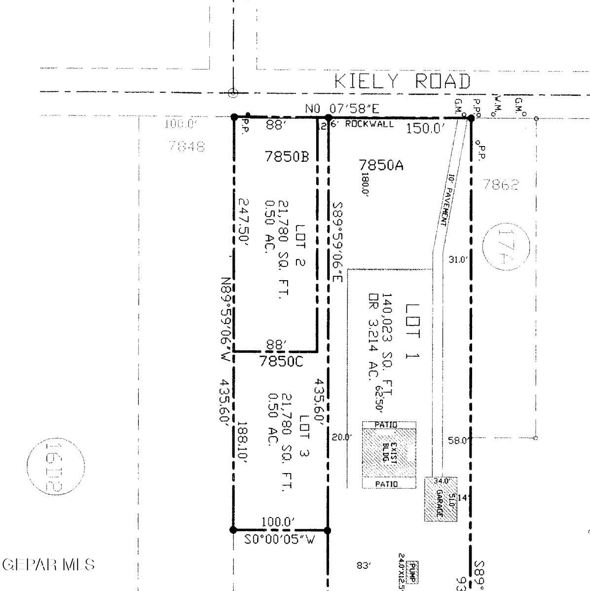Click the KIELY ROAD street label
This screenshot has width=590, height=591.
[402, 81]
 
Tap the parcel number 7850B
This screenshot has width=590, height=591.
[287, 157]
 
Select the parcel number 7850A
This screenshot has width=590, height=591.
[381, 165]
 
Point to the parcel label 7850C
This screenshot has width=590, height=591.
[281, 362]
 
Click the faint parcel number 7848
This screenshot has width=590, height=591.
[186, 147]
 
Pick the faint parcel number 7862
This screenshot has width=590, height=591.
[501, 185]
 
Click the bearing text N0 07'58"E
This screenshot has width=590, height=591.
[342, 109]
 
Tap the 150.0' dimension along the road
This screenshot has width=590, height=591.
[426, 129]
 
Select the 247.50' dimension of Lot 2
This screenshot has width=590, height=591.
[245, 222]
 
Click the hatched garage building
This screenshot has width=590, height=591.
[441, 499]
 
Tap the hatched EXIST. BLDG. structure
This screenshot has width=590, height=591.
[389, 452]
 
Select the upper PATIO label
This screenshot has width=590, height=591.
[389, 424]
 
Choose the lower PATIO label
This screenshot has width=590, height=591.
[389, 484]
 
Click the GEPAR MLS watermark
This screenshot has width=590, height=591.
[48, 565]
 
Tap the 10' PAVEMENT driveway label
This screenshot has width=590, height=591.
[448, 199]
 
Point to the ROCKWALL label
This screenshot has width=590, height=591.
[369, 124]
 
